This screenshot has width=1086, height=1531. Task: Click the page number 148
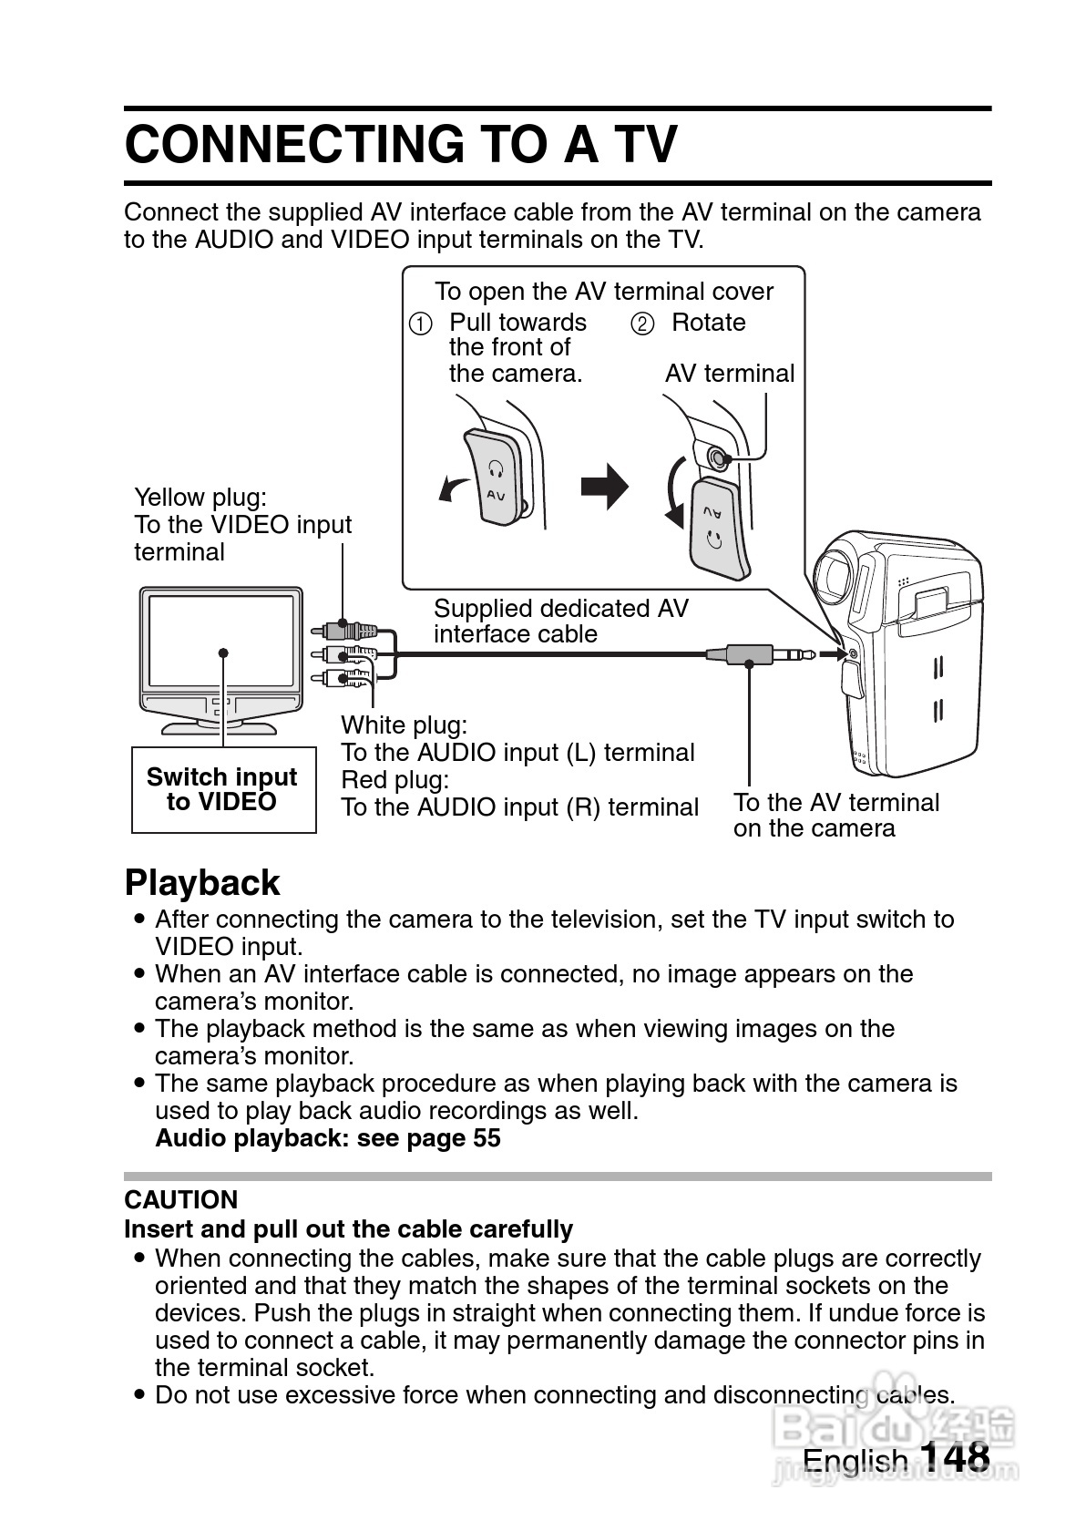(954, 1455)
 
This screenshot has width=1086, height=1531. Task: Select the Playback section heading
(202, 882)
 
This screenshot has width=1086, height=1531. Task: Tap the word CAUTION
(181, 1199)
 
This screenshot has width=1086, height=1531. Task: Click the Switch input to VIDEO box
(223, 789)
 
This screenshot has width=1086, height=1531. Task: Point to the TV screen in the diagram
(221, 642)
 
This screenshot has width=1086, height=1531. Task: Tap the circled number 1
(420, 324)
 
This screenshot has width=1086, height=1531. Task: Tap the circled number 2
(642, 324)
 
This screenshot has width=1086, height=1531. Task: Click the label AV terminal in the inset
(729, 374)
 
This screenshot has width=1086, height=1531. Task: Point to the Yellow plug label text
(200, 498)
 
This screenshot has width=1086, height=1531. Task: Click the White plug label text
(404, 725)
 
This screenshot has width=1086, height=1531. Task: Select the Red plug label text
(394, 780)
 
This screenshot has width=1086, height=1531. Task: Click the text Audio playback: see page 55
(328, 1138)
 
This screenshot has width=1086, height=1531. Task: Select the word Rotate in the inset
(708, 323)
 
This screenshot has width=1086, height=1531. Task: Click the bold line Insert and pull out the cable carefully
(348, 1229)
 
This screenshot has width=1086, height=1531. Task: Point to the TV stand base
(220, 727)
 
